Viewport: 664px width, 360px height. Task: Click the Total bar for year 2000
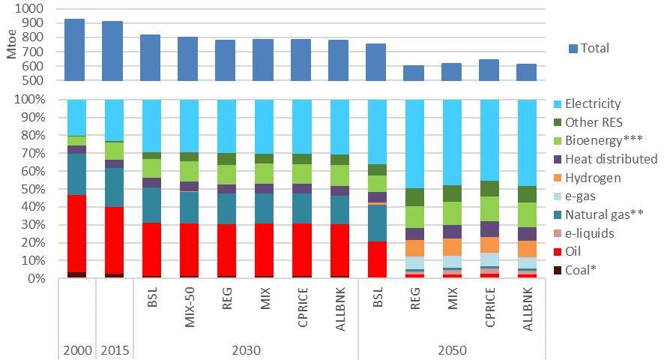pyautogui.click(x=74, y=49)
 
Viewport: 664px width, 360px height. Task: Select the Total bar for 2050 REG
pyautogui.click(x=414, y=73)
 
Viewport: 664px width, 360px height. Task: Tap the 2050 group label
pyautogui.click(x=451, y=350)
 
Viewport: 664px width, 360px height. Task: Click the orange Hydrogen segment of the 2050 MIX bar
pyautogui.click(x=451, y=247)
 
